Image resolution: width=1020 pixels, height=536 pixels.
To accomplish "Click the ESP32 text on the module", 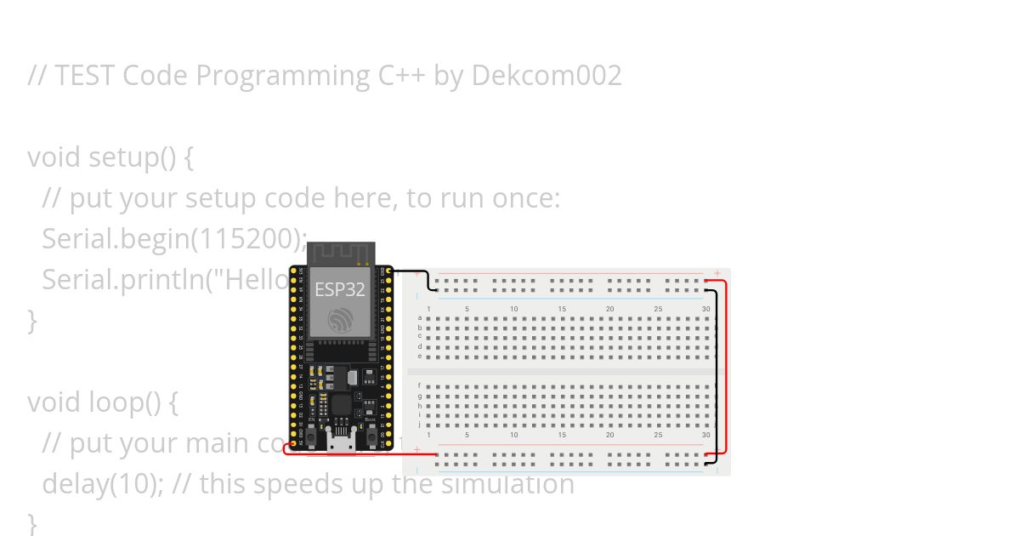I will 340,289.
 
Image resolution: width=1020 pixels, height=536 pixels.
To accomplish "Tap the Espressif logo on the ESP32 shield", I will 340,320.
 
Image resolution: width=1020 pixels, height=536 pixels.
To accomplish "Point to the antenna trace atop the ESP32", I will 341,253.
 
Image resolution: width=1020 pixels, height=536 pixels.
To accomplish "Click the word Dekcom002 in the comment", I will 547,76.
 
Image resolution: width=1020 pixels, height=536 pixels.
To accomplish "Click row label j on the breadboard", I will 420,425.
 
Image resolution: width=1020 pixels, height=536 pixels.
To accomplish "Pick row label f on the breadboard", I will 420,385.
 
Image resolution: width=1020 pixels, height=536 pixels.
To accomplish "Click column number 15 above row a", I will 562,308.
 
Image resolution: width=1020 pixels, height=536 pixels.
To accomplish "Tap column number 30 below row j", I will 706,435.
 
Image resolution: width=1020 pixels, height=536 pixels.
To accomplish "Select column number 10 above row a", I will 514,308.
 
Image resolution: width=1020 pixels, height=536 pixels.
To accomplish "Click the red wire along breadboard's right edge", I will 726,366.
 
